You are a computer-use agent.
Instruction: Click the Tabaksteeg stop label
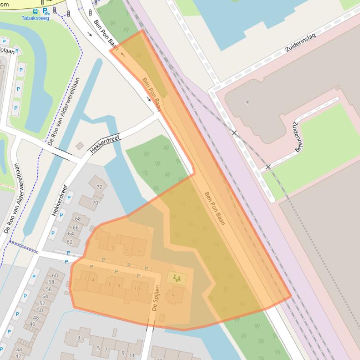click(x=35, y=18)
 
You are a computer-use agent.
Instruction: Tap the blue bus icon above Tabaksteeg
click(x=36, y=11)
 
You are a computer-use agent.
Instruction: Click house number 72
click(x=99, y=187)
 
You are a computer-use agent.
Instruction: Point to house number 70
click(x=95, y=203)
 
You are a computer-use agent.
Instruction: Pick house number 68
click(x=77, y=219)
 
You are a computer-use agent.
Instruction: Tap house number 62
click(x=70, y=242)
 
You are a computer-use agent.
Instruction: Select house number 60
click(x=55, y=275)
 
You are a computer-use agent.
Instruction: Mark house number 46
click(x=32, y=324)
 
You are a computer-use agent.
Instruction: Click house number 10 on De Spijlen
click(x=136, y=288)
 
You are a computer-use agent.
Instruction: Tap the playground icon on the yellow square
click(x=176, y=278)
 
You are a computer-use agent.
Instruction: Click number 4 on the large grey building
click(x=247, y=102)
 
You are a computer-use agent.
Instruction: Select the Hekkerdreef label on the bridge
click(x=105, y=144)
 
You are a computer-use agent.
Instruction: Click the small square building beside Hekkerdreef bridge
click(x=80, y=146)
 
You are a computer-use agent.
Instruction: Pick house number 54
click(x=45, y=296)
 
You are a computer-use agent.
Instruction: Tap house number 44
click(x=19, y=350)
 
